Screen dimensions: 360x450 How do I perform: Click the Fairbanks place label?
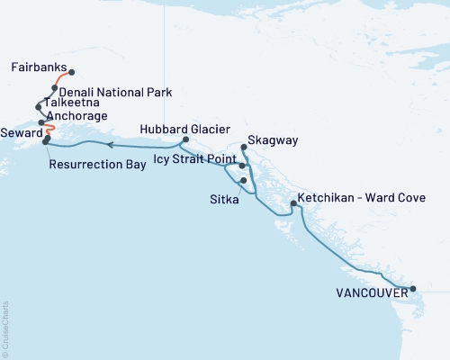[x=40, y=67]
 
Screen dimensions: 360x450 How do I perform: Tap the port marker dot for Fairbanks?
[x=71, y=73]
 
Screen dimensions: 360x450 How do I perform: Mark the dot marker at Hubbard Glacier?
[x=185, y=139]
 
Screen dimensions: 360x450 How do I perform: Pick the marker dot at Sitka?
[x=244, y=180]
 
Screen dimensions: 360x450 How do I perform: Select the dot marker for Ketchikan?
[x=293, y=204]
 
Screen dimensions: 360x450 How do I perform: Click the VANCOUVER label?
[x=370, y=292]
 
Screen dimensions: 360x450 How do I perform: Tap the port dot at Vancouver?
[x=413, y=289]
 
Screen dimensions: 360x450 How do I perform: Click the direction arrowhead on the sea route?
[x=108, y=144]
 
